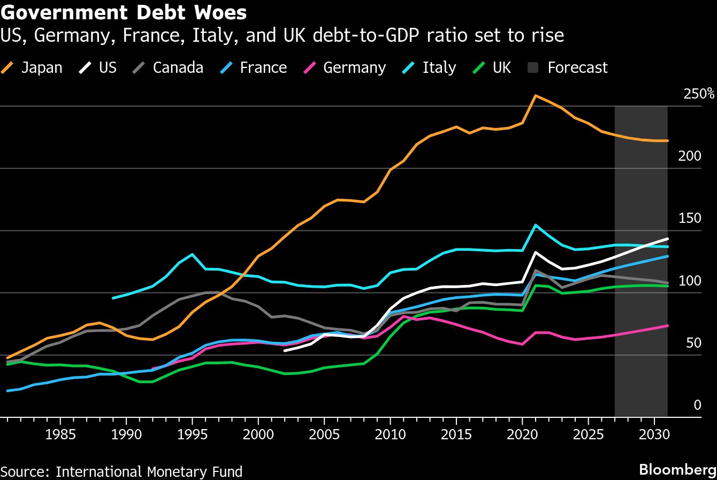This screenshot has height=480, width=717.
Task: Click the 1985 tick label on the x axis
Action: tap(60, 434)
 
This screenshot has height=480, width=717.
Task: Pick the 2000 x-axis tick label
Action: tap(258, 434)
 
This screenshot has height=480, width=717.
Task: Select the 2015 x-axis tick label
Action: tap(456, 434)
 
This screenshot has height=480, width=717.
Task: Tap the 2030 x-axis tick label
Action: tap(654, 434)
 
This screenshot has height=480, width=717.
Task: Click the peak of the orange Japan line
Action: tap(536, 96)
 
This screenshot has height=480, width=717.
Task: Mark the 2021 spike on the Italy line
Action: tap(536, 225)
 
